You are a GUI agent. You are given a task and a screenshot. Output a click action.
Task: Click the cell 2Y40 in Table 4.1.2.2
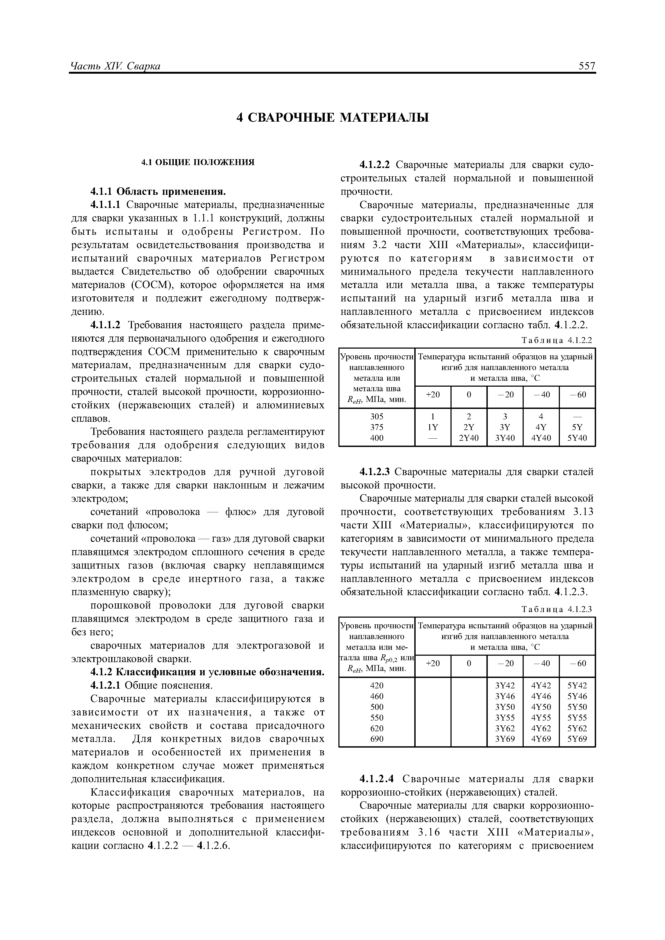(469, 438)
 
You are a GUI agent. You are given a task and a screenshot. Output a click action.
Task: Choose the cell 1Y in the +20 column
(433, 427)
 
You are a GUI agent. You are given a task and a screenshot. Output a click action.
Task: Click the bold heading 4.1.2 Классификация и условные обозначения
(207, 672)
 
